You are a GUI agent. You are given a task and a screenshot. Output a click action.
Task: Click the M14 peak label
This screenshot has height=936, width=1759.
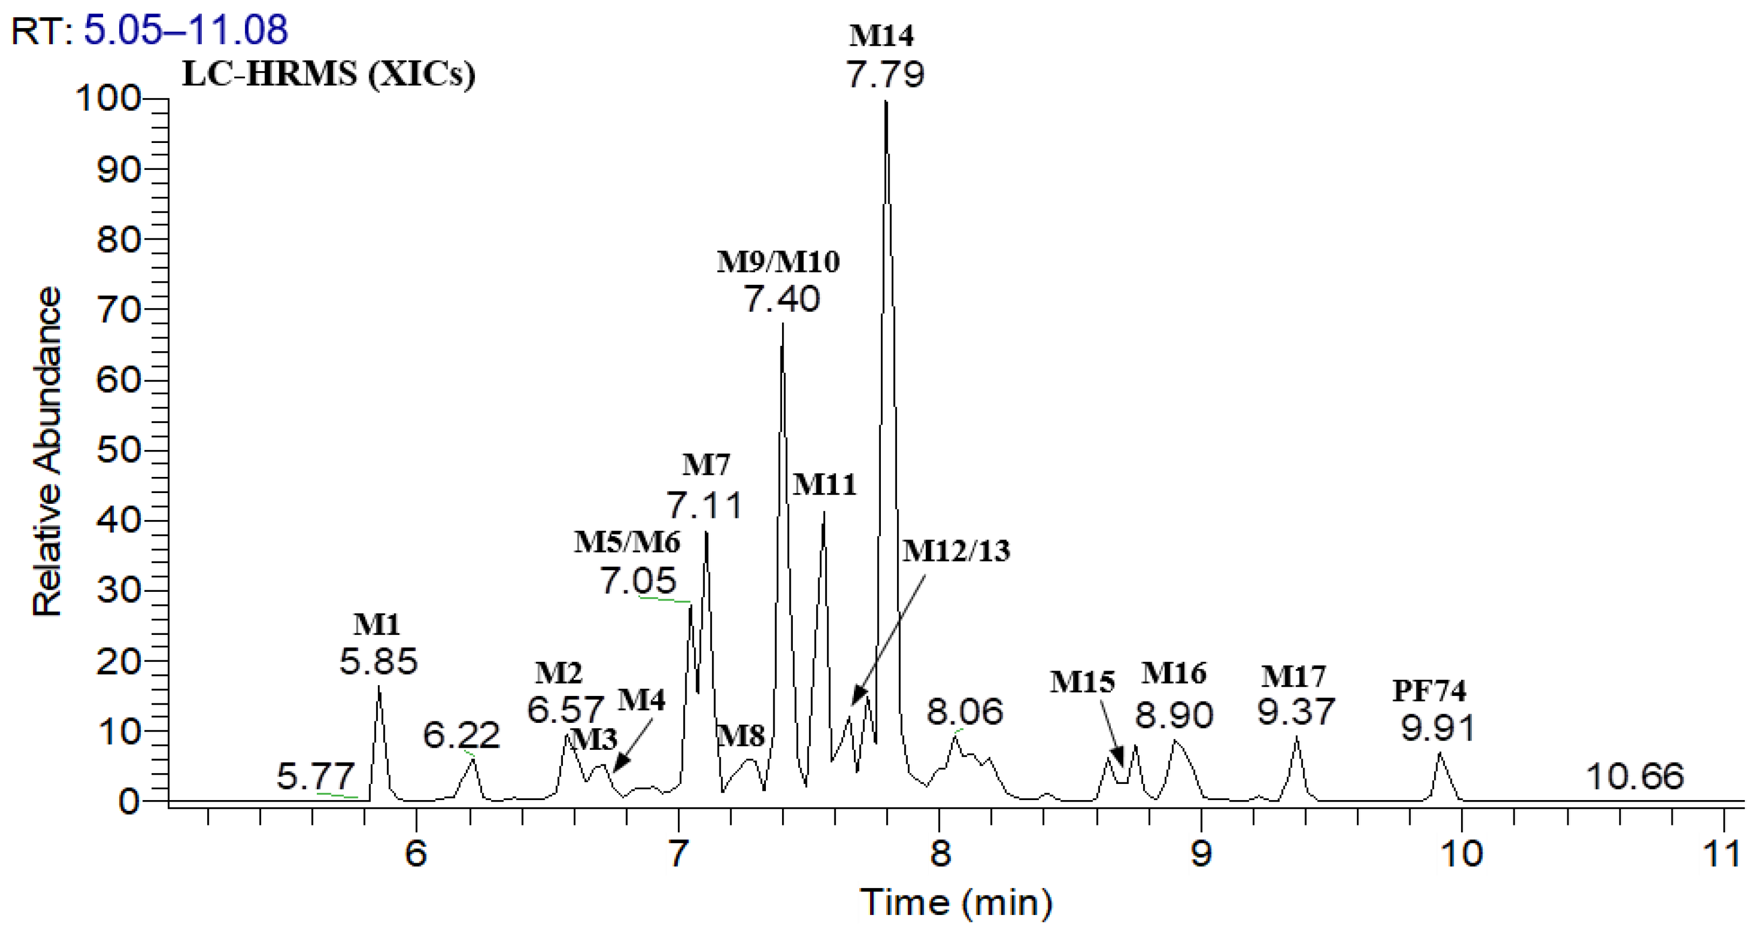(881, 36)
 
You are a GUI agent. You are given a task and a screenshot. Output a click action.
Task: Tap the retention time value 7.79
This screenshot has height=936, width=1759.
(886, 74)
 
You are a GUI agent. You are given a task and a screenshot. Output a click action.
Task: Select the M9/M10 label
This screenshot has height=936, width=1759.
(778, 262)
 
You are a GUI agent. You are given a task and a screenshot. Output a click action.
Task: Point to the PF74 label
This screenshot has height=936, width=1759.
(1429, 691)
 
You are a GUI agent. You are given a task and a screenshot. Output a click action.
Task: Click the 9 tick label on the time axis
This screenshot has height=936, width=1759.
(1201, 853)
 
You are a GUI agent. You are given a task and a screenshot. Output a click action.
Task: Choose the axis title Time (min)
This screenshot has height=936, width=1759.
(955, 903)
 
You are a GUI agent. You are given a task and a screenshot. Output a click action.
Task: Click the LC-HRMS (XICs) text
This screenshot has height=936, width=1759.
(329, 74)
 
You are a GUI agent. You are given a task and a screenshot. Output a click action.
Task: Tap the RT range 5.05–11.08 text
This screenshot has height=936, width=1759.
(186, 30)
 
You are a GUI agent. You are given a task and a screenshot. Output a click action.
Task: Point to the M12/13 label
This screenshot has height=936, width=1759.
(956, 551)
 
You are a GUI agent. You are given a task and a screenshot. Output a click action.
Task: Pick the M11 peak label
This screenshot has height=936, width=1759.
(824, 485)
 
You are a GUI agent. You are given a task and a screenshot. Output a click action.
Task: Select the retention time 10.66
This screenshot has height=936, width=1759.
(1635, 777)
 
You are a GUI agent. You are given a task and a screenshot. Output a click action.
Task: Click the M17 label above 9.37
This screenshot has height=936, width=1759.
(1293, 677)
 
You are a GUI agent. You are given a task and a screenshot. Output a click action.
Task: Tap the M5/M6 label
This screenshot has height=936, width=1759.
(627, 542)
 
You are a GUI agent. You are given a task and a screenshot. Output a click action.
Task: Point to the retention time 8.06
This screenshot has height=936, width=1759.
(965, 712)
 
